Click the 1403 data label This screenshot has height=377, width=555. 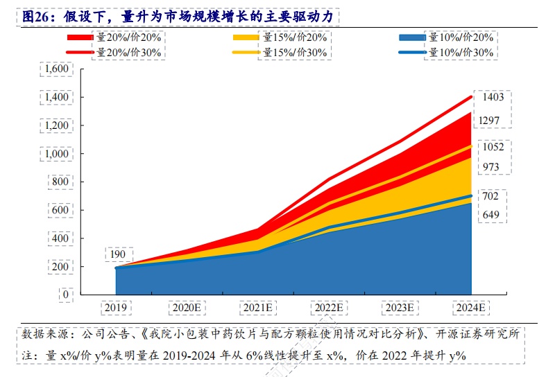click(x=493, y=98)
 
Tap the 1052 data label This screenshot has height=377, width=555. click(x=493, y=147)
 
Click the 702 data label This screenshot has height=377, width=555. click(x=490, y=196)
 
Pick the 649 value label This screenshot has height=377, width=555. click(x=490, y=215)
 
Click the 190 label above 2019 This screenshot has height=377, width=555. click(x=117, y=254)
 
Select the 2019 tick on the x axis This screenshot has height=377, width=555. click(x=116, y=306)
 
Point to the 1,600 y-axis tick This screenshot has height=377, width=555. click(x=56, y=69)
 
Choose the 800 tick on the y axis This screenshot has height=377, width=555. click(x=61, y=182)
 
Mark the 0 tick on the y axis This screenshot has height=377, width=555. click(x=66, y=295)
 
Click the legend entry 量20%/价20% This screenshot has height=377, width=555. click(x=128, y=37)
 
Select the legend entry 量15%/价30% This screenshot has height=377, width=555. click(x=295, y=52)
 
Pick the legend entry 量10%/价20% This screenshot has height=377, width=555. click(x=461, y=37)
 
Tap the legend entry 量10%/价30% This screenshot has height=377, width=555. click(x=461, y=52)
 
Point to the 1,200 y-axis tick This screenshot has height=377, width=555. click(x=56, y=125)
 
